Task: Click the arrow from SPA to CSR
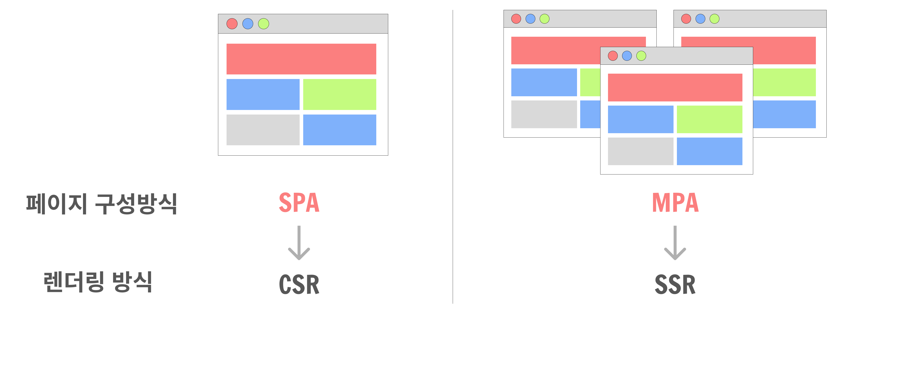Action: coord(299,243)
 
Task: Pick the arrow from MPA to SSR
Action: coord(675,243)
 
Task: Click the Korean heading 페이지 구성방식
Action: coord(102,204)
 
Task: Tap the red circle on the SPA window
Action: coord(232,24)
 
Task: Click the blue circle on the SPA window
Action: coord(248,24)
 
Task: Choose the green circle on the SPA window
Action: coord(263,24)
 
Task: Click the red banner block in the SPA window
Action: coord(301,59)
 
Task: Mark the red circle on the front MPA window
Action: coord(613,56)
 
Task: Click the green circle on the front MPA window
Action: coord(641,56)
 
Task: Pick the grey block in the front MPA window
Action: coord(640,151)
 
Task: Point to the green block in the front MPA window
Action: coord(709,119)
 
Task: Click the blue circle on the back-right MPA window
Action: coord(700,19)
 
